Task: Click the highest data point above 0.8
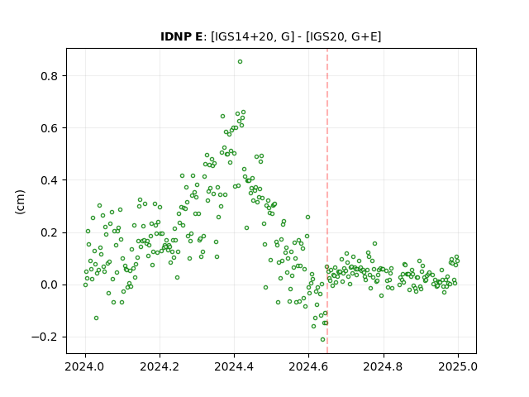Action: [240, 62]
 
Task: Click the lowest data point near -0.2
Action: [322, 340]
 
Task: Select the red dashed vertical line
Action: [327, 201]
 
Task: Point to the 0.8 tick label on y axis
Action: [50, 76]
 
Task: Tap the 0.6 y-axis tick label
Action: [50, 128]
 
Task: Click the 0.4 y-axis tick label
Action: [50, 180]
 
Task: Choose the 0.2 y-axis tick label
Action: [50, 232]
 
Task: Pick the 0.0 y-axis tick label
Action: [50, 285]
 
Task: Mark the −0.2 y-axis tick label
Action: [45, 337]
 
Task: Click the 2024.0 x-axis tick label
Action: [85, 366]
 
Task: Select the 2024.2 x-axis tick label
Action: [160, 366]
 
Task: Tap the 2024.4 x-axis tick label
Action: [234, 366]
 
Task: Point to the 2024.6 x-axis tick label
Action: [308, 366]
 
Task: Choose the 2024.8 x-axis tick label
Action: [384, 366]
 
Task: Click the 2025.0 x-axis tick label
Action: [458, 366]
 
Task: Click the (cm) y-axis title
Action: [20, 202]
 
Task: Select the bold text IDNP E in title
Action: [182, 36]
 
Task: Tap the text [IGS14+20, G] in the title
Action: [250, 36]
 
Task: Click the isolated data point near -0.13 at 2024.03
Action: [96, 318]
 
